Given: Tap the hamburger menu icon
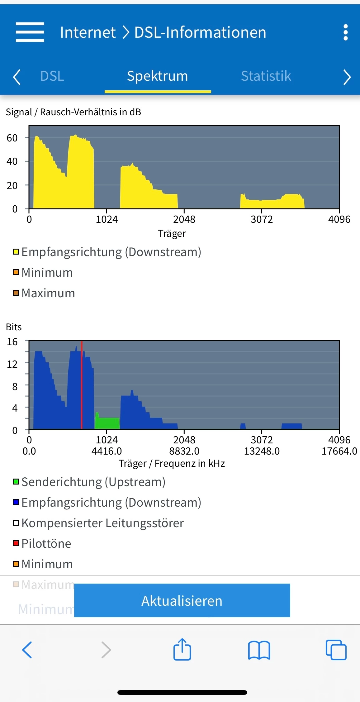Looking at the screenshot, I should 30,32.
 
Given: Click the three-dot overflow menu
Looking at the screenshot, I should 345,32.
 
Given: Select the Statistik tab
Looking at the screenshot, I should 266,76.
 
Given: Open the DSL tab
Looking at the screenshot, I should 52,76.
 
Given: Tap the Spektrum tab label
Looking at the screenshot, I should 158,76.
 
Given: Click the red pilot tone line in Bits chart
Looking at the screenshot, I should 82,386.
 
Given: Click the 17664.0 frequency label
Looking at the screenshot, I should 339,451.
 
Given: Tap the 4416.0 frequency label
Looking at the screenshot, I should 107,451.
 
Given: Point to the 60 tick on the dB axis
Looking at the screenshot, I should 12,138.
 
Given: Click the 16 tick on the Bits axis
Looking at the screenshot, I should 12,342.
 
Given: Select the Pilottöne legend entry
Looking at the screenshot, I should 46,543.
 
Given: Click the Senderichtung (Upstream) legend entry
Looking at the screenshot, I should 93,482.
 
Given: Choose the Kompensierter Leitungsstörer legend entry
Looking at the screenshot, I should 102,523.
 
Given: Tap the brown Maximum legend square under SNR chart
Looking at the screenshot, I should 16,293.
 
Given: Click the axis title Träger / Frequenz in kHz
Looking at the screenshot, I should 172,463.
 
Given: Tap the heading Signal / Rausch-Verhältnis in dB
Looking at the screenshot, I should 73,112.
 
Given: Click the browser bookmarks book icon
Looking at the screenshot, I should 259,650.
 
